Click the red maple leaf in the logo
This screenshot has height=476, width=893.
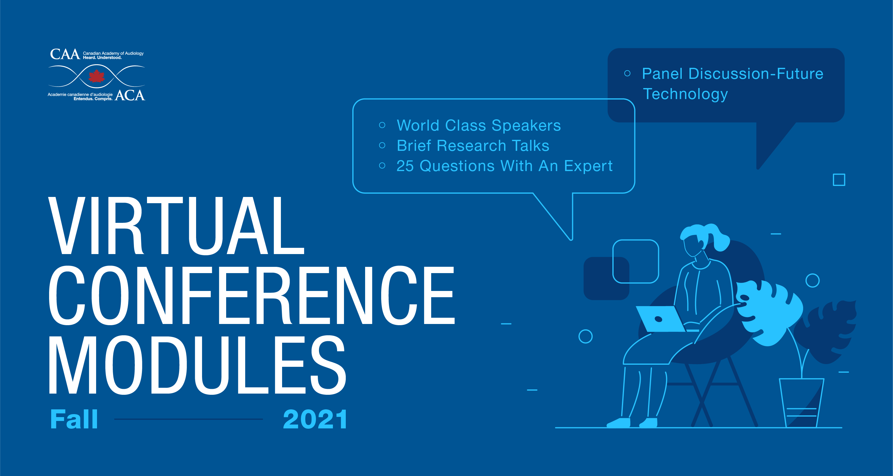click(x=97, y=76)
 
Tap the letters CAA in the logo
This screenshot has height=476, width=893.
click(x=65, y=54)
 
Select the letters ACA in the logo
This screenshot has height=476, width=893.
click(x=130, y=95)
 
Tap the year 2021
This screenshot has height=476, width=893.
click(x=315, y=419)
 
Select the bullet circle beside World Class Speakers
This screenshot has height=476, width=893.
click(x=382, y=125)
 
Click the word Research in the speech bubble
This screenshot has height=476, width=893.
click(x=471, y=145)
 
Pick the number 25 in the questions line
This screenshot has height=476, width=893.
click(x=405, y=166)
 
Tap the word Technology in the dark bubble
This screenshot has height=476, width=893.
click(x=685, y=94)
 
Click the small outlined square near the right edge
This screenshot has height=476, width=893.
click(x=839, y=180)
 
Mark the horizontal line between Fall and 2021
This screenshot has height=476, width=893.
click(x=189, y=419)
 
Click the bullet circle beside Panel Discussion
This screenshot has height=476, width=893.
click(x=627, y=73)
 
